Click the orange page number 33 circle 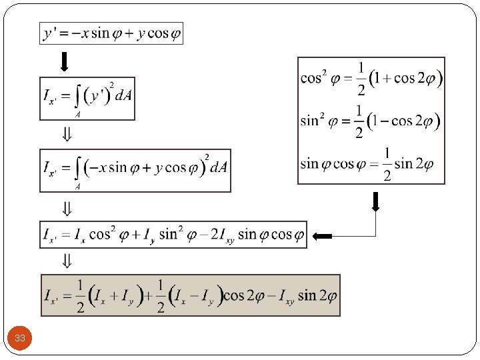[x=20, y=338]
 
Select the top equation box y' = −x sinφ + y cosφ [x=111, y=33]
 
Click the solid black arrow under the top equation [x=64, y=62]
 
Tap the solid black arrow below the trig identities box [x=375, y=201]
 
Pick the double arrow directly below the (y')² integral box [x=67, y=135]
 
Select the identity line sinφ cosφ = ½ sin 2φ [x=366, y=164]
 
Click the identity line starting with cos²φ [x=371, y=78]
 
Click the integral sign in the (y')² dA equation [x=78, y=98]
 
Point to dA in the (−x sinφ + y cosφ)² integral [x=219, y=167]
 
